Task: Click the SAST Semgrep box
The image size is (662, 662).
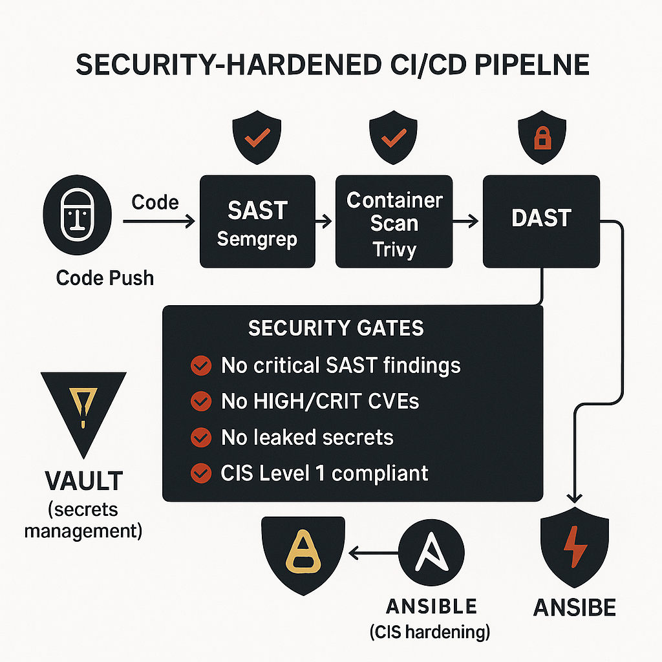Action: point(257,222)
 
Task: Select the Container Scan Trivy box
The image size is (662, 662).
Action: point(394,222)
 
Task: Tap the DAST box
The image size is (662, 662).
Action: point(541,222)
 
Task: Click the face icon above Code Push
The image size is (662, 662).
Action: point(78,215)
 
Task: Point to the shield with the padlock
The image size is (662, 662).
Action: point(542,138)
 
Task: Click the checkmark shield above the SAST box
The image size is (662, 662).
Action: point(257,138)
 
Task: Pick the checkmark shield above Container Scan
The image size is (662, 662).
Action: point(394,138)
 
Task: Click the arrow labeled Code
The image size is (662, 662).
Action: point(159,221)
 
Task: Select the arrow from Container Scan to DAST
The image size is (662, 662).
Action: point(465,221)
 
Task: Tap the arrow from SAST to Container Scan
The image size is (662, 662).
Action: point(324,221)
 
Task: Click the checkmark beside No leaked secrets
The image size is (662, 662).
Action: point(201,438)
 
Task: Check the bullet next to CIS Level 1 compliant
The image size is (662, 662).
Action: point(201,473)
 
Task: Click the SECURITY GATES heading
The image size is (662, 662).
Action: point(336,328)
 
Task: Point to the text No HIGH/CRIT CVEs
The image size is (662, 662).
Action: point(320,401)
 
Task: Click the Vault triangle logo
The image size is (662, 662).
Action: point(83,409)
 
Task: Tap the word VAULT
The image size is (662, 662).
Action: point(84,481)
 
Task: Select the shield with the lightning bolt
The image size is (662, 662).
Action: point(575,547)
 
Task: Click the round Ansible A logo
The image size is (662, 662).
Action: point(431,552)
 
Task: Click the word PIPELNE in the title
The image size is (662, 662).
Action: point(532,65)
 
